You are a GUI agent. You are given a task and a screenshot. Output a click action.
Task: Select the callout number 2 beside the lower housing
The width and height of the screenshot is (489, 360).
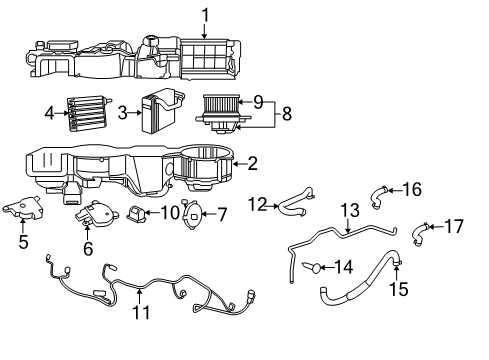pos(253,163)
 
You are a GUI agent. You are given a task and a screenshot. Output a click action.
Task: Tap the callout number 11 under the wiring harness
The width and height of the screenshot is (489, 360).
pos(140,312)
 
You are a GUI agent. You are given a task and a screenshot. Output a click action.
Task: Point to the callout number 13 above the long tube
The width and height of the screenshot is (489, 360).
pos(348,210)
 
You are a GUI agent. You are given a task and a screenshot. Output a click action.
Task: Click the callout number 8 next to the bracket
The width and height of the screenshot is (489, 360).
pos(286,114)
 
